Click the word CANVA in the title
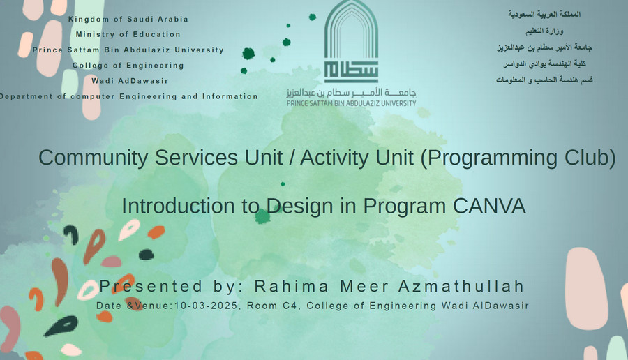click(489, 206)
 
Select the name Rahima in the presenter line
click(292, 286)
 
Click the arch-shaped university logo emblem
click(351, 41)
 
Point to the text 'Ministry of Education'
click(128, 34)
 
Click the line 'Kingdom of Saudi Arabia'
click(128, 20)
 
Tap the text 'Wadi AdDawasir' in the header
click(130, 81)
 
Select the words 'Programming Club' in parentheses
click(518, 158)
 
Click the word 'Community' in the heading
click(93, 158)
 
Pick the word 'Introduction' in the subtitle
click(178, 206)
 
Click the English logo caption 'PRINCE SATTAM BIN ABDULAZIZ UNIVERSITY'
click(351, 103)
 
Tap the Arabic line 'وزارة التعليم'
click(544, 31)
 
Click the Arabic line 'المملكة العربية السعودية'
click(544, 15)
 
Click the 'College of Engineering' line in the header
click(128, 66)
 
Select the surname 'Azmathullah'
click(461, 286)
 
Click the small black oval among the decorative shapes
click(147, 254)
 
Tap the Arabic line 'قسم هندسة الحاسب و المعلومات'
click(544, 80)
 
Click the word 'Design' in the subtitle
click(299, 207)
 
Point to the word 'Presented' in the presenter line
click(151, 286)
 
